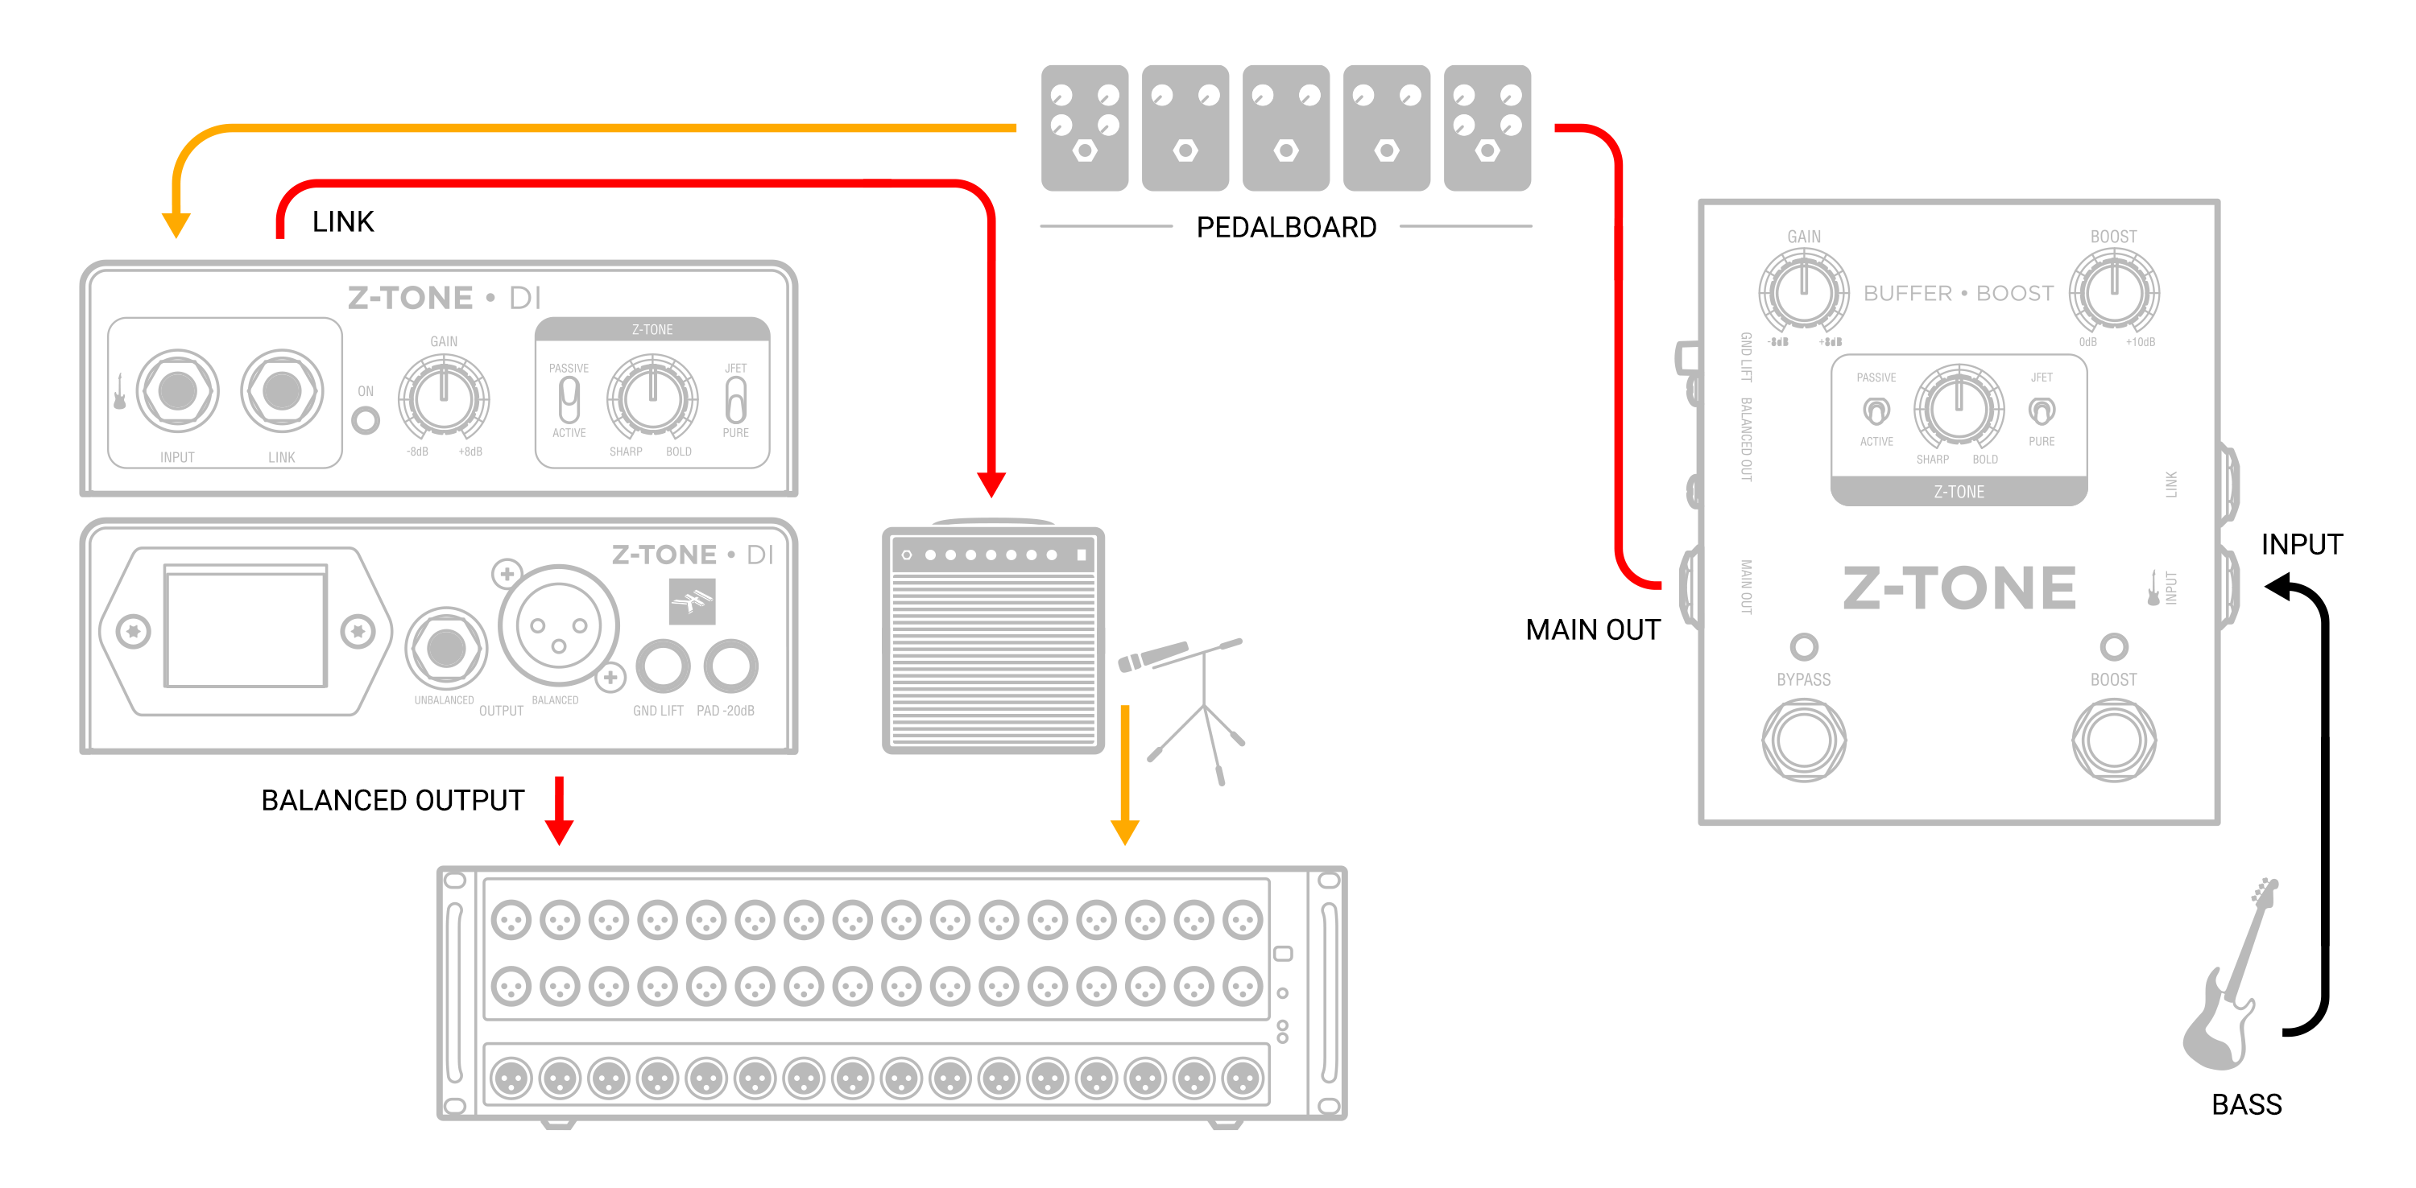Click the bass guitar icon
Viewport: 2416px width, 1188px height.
2228,984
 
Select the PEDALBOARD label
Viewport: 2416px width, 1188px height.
1286,227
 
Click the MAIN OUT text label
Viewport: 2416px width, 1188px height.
1592,629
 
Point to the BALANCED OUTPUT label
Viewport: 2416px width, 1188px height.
392,800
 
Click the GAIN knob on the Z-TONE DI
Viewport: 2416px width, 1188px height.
444,398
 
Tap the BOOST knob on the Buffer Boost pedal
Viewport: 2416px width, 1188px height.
2114,291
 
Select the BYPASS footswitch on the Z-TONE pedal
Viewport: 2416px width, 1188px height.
1804,740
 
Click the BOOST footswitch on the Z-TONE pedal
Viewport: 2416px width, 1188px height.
2113,740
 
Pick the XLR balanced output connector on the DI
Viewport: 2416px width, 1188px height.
558,626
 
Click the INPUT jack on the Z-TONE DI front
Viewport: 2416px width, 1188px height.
177,391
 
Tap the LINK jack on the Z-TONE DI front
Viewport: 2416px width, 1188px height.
281,391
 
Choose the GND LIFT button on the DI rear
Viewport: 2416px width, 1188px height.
663,666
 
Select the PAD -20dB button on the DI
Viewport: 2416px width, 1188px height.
730,666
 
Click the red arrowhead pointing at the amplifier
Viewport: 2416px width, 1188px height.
991,484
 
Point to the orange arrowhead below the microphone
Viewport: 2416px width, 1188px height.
1124,831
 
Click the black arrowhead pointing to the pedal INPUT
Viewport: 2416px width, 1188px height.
2279,587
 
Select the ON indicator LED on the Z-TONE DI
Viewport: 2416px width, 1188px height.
366,420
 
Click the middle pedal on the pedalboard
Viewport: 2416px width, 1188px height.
1286,127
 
